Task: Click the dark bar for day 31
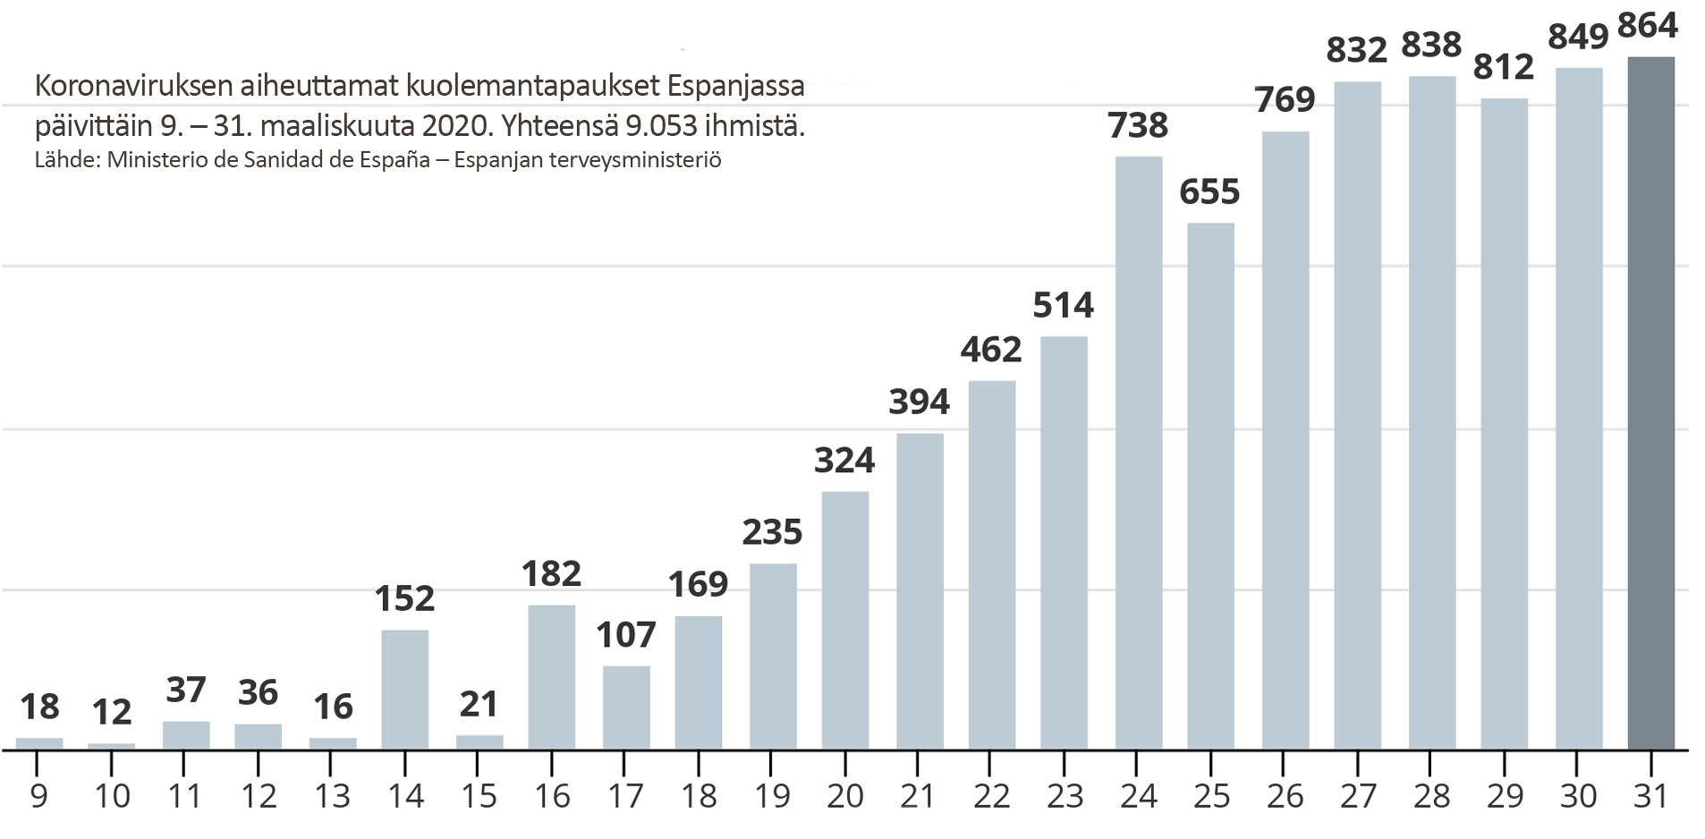pos(1650,403)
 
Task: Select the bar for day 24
pos(1139,453)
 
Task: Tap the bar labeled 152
pos(404,690)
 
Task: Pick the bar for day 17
pos(626,708)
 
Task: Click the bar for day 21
pos(920,591)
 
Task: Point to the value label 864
pos(1648,25)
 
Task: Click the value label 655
pos(1209,191)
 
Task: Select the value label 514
pos(1063,305)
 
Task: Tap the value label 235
pos(772,532)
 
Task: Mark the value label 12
pos(112,712)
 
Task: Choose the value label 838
pos(1431,44)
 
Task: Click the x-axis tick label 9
pos(38,796)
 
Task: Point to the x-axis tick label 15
pos(479,796)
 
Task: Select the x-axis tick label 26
pos(1285,796)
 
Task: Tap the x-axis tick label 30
pos(1578,796)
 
